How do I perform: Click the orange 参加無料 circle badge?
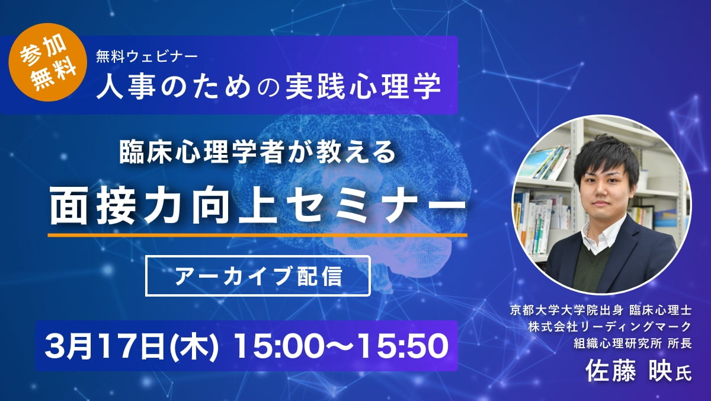[48, 62]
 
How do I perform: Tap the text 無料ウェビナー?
[147, 57]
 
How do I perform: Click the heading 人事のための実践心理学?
[268, 86]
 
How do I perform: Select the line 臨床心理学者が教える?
[257, 152]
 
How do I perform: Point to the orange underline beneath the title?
[257, 235]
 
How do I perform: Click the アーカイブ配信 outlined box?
[258, 276]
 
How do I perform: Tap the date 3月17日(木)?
[132, 346]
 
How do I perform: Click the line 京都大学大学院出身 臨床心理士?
[601, 310]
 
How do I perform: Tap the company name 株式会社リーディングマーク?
[610, 327]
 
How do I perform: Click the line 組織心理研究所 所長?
[633, 343]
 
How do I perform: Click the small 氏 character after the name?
[683, 374]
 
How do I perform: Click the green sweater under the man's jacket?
[590, 270]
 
